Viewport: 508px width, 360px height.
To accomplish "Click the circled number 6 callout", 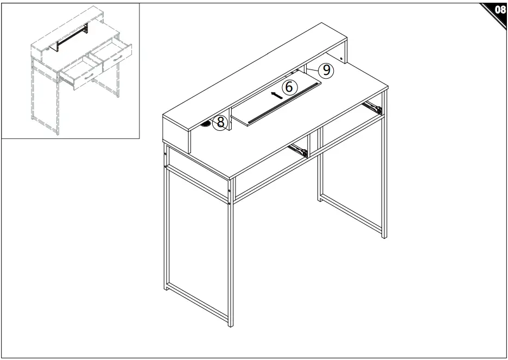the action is point(289,87).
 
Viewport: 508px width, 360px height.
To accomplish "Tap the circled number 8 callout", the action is point(220,123).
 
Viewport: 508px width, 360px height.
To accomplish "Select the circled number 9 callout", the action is point(327,70).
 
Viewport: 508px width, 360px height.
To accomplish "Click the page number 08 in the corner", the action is point(500,10).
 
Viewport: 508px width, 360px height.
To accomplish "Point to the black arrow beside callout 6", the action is point(277,95).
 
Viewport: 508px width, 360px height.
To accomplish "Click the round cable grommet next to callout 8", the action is point(207,124).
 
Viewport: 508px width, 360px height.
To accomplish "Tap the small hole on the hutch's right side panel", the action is point(341,59).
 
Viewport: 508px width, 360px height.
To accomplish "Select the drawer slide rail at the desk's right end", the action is point(372,108).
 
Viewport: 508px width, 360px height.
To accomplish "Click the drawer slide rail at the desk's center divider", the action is point(298,150).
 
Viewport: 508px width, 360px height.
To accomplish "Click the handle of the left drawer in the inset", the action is point(88,77).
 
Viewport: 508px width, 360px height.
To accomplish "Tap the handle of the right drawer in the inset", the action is point(118,58).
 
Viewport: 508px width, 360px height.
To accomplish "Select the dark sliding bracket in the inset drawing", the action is point(72,37).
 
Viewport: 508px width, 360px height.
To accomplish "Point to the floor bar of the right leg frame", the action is point(352,214).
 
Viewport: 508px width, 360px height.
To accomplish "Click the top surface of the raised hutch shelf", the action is point(255,77).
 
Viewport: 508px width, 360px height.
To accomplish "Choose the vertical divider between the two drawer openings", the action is point(309,146).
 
